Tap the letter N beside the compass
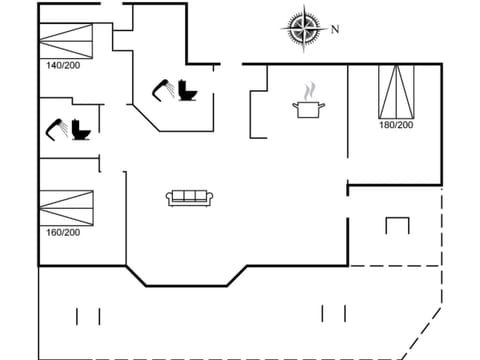(x=334, y=29)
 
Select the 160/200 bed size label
(x=63, y=232)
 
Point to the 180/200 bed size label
(x=396, y=125)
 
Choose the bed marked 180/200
(x=396, y=90)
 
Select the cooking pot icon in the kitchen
(x=306, y=108)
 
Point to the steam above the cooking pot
(x=307, y=89)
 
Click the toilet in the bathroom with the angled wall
(x=187, y=90)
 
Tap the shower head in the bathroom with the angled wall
(x=160, y=87)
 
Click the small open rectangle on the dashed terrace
(x=397, y=225)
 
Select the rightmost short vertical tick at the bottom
(x=345, y=313)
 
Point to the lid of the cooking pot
(x=306, y=101)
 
